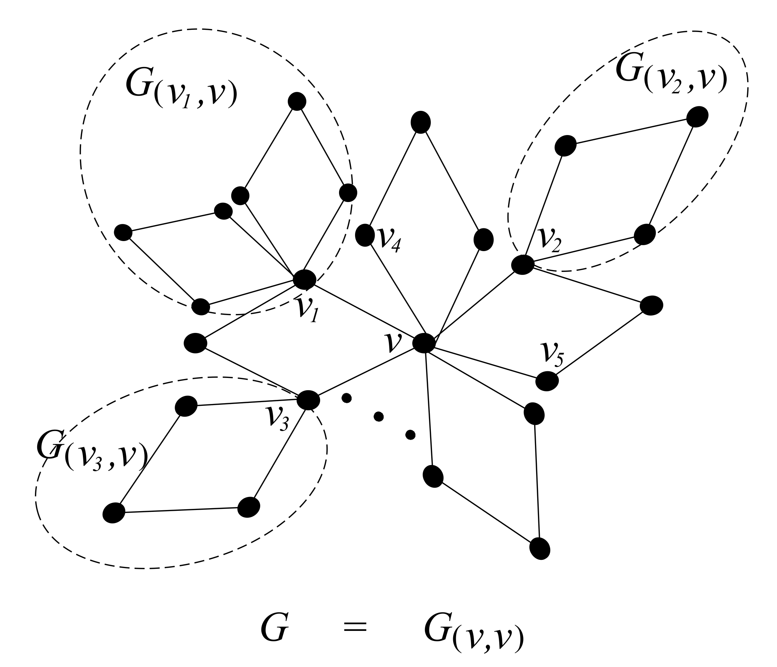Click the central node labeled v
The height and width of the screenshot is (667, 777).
pyautogui.click(x=424, y=343)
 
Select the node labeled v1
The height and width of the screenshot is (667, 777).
pyautogui.click(x=304, y=279)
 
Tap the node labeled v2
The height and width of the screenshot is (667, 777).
pyautogui.click(x=522, y=264)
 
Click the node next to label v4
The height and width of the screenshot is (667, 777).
pyautogui.click(x=364, y=235)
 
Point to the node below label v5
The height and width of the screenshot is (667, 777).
pyautogui.click(x=547, y=381)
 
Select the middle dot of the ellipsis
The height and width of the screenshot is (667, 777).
pyautogui.click(x=378, y=416)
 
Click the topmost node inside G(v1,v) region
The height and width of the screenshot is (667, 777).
pyautogui.click(x=297, y=101)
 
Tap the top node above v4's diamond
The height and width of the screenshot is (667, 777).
pyautogui.click(x=420, y=122)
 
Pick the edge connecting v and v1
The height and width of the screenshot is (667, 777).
pyautogui.click(x=364, y=311)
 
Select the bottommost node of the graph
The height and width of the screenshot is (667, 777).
pyautogui.click(x=540, y=548)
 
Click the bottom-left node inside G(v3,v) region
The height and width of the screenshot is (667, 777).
pyautogui.click(x=114, y=513)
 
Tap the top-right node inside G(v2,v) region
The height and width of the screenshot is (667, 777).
pyautogui.click(x=697, y=117)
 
